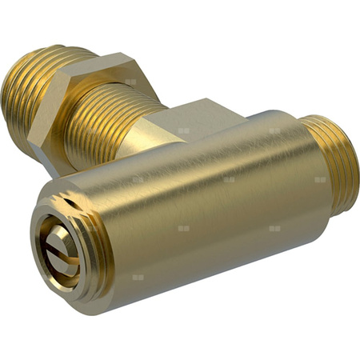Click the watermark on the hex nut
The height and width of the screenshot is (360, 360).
click(130, 82)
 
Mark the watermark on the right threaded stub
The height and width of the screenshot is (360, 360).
click(320, 179)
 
